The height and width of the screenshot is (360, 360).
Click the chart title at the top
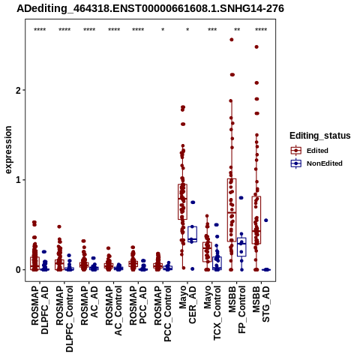click(150, 8)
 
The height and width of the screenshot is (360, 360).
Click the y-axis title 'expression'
click(8, 150)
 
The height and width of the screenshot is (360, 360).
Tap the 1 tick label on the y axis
click(19, 180)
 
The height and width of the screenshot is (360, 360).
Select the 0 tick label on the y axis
click(19, 270)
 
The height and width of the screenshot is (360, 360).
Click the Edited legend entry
click(309, 151)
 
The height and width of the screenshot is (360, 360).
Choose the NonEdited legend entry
click(316, 163)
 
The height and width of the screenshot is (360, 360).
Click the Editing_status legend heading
click(320, 136)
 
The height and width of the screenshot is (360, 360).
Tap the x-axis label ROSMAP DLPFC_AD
click(40, 310)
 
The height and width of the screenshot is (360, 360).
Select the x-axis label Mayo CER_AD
click(187, 304)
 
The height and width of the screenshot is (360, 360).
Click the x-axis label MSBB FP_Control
click(237, 310)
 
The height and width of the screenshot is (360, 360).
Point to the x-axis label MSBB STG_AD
click(261, 304)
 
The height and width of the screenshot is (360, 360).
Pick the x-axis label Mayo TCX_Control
click(212, 313)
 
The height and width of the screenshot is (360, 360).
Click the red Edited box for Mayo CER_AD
click(182, 202)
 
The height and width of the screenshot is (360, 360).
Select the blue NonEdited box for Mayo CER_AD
click(193, 234)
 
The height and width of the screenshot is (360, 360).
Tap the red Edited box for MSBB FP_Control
click(232, 210)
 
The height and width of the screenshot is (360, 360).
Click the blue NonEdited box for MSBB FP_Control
click(241, 247)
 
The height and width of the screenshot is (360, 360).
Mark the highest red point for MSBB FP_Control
click(232, 40)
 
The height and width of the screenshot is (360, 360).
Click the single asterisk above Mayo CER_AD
click(187, 29)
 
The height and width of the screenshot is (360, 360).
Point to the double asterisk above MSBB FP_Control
click(237, 29)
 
